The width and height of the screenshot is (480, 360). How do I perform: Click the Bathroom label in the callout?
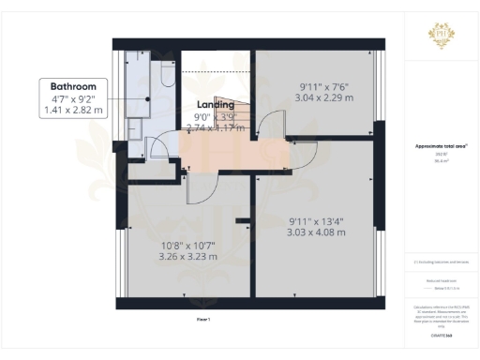tap(74, 86)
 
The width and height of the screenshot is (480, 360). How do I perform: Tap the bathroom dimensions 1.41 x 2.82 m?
tap(74, 110)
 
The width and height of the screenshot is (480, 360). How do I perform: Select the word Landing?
tap(216, 105)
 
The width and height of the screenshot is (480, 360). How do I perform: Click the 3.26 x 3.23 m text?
tap(188, 256)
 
